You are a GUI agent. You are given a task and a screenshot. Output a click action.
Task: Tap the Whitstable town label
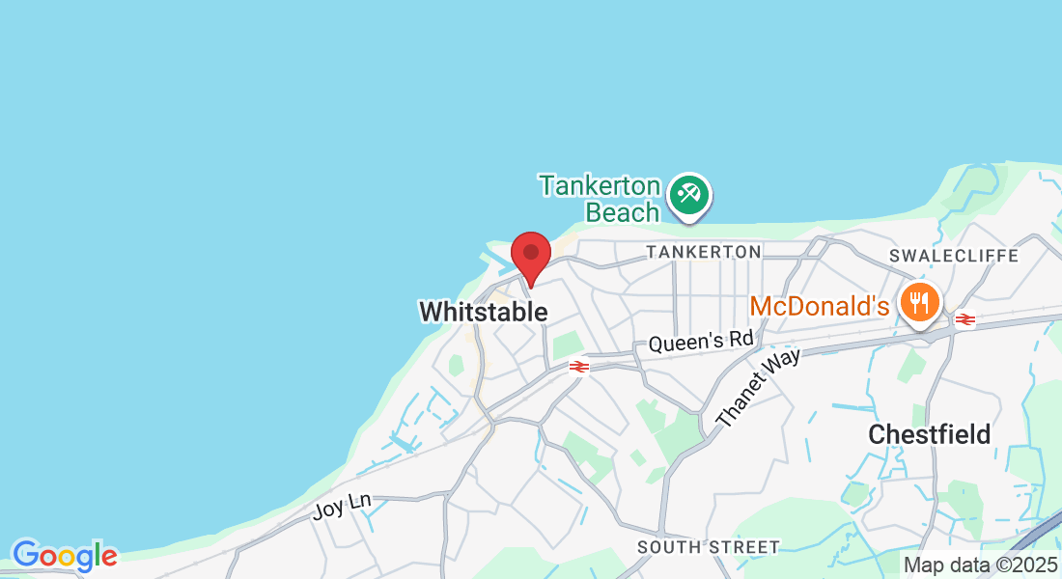click(483, 312)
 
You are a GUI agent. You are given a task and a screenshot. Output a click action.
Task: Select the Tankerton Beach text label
click(600, 199)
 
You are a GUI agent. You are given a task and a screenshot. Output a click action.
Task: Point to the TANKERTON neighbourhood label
click(704, 252)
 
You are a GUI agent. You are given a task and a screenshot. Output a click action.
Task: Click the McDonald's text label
click(819, 307)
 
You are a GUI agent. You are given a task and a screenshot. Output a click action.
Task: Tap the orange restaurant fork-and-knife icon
click(920, 303)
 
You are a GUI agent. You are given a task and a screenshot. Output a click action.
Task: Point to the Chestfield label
click(929, 434)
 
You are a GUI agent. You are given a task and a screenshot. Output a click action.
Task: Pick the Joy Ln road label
click(342, 505)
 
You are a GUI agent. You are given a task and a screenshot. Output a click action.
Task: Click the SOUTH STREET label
click(708, 547)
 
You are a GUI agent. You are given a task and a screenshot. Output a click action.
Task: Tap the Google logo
click(64, 556)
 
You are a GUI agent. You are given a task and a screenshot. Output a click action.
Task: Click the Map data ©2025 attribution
click(980, 565)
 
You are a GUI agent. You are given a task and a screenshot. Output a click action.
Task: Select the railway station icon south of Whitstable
click(579, 367)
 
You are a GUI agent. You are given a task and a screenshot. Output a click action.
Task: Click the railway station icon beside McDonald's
click(963, 319)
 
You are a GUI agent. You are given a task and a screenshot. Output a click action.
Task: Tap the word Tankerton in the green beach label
click(600, 185)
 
